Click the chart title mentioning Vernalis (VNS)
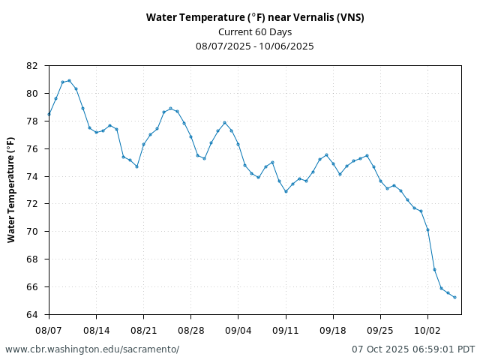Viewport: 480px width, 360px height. tap(255, 18)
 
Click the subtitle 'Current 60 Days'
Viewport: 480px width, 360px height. tap(255, 32)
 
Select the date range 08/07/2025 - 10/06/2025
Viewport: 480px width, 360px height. tap(255, 46)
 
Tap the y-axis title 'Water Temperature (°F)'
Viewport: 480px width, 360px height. tap(11, 190)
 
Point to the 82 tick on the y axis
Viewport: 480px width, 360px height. tap(31, 66)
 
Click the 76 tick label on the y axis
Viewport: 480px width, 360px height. tap(31, 148)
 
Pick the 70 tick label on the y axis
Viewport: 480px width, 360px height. tap(31, 232)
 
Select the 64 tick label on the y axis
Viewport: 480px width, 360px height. tap(31, 314)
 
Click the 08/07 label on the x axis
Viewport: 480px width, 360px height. tap(49, 330)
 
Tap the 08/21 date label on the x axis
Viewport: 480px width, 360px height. tap(143, 330)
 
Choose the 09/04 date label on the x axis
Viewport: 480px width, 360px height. tap(238, 330)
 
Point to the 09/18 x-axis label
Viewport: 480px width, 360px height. tap(333, 330)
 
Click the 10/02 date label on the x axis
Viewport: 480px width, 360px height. tap(427, 330)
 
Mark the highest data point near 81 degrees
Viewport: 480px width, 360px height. tap(69, 80)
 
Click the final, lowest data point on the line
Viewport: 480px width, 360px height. tap(454, 297)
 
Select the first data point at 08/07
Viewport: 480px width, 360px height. tap(49, 115)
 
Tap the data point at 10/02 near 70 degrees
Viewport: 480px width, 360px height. tap(427, 229)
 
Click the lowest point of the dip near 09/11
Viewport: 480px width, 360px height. tap(286, 191)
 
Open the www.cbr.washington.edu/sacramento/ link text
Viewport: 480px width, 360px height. tap(92, 349)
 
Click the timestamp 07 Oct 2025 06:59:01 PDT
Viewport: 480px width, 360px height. tap(413, 349)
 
